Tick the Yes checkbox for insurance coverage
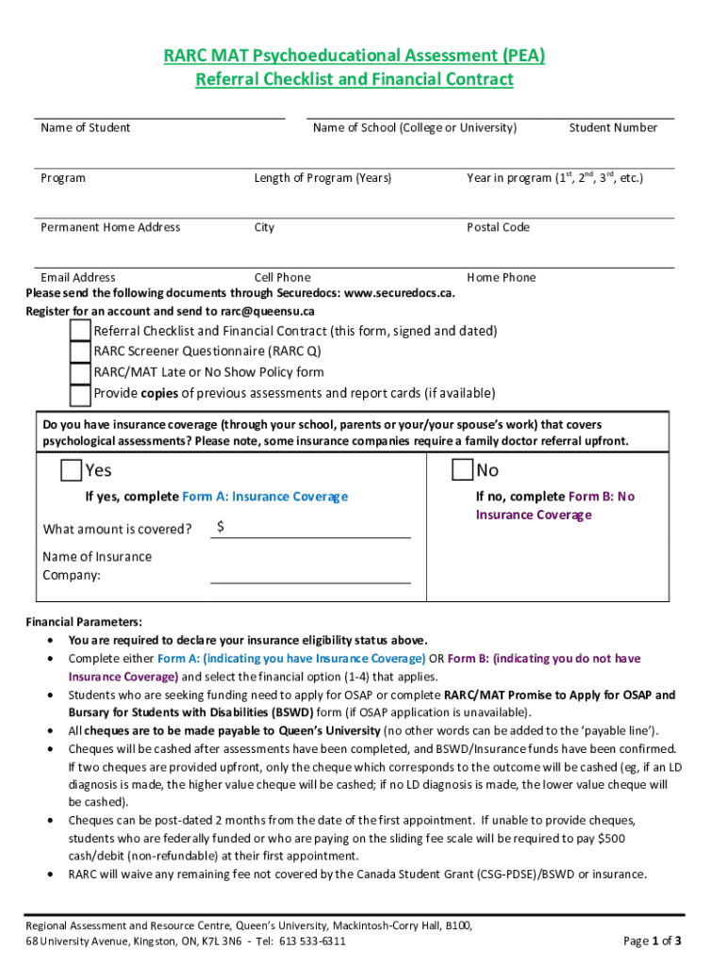coord(71,469)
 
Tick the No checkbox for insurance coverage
coord(462,469)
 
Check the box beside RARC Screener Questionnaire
coord(81,352)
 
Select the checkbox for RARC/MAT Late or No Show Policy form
coord(81,372)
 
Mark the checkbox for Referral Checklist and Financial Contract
coord(81,331)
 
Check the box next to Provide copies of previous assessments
coord(81,393)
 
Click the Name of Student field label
coord(85,127)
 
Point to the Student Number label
coord(613,127)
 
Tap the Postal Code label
coord(498,227)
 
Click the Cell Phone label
coord(282,277)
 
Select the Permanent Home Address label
coord(110,227)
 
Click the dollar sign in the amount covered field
coord(220,527)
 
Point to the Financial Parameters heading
coord(84,622)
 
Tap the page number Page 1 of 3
coord(652,940)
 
